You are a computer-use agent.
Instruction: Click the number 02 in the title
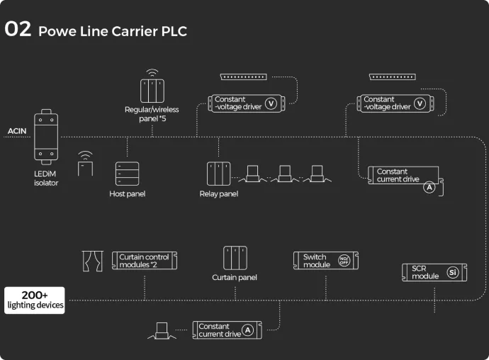tap(18, 30)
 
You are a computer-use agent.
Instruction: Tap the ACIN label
tap(16, 131)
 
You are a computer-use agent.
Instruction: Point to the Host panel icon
tap(128, 174)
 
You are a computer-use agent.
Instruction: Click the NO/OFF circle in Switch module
tap(344, 260)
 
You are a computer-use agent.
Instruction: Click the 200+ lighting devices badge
tap(34, 300)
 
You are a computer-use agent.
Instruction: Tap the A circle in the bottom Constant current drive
tap(247, 330)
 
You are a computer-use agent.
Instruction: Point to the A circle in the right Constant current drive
tap(429, 188)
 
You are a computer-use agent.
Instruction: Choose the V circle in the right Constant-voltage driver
tap(420, 103)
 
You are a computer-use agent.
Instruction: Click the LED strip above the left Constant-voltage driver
tap(242, 77)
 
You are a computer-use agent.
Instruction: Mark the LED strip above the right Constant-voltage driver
tap(391, 77)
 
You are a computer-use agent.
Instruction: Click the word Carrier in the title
tap(130, 31)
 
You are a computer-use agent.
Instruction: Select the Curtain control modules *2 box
tap(144, 260)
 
